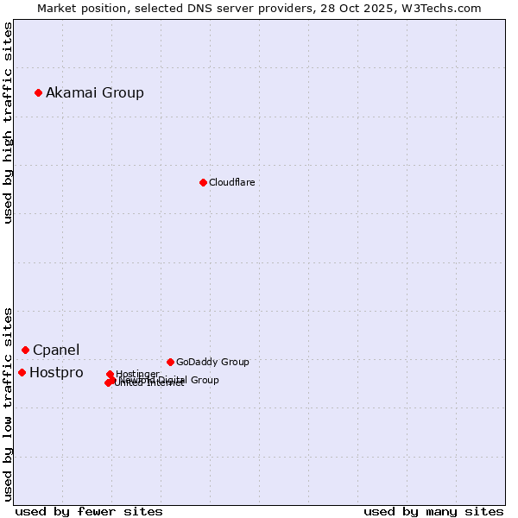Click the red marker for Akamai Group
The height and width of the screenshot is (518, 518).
(x=38, y=92)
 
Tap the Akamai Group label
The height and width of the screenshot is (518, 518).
(x=95, y=92)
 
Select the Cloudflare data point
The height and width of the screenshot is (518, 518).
(x=203, y=182)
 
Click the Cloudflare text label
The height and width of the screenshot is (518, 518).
(x=231, y=182)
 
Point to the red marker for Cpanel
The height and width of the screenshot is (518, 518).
(x=25, y=350)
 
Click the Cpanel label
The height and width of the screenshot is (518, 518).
(x=56, y=350)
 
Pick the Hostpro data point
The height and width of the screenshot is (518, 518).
(x=22, y=372)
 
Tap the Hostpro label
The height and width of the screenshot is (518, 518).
(x=56, y=372)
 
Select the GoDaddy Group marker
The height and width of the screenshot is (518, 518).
(x=170, y=362)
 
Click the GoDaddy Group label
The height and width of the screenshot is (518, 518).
(x=212, y=362)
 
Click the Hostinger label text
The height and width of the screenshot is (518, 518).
(x=137, y=374)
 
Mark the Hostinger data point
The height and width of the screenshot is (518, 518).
(x=110, y=374)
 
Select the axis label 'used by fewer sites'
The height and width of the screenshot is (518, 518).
(x=89, y=511)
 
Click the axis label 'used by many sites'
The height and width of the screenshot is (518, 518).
(x=433, y=511)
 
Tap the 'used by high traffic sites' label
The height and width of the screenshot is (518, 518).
(x=8, y=123)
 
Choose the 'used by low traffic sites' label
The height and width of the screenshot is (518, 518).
(x=8, y=404)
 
